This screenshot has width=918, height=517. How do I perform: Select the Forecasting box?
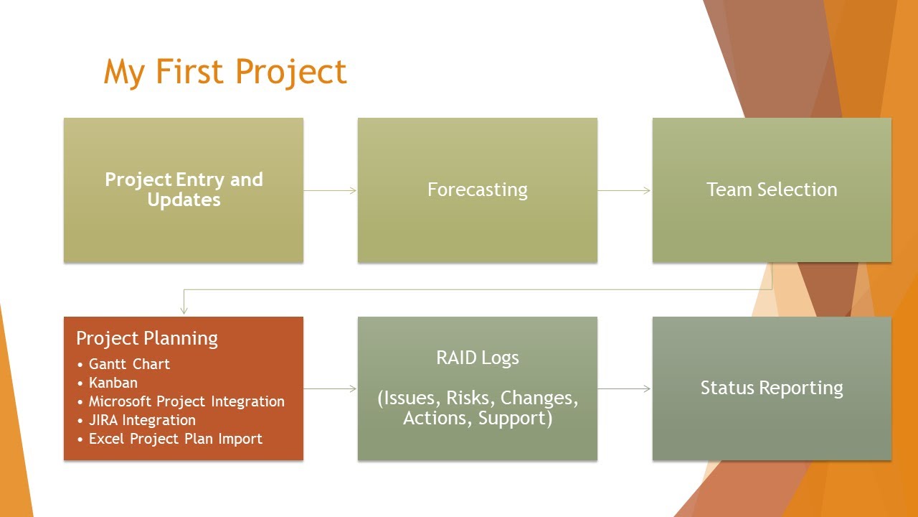[x=477, y=190]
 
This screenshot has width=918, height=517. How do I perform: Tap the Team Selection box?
[x=772, y=190]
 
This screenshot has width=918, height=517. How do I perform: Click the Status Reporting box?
[x=772, y=388]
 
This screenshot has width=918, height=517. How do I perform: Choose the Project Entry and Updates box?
[x=184, y=190]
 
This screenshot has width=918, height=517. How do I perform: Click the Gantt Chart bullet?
[x=129, y=364]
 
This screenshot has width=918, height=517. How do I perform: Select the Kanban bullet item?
[x=113, y=383]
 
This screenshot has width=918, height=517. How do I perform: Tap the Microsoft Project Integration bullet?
[x=186, y=401]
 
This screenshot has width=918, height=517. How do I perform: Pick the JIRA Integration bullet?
[x=142, y=420]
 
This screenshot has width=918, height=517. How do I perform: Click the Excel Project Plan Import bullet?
[x=176, y=439]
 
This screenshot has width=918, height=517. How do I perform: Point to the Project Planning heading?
[x=147, y=338]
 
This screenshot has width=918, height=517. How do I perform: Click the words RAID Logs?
[x=477, y=358]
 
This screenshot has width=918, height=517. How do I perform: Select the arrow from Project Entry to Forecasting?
[x=331, y=190]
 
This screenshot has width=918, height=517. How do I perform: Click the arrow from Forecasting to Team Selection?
[x=625, y=190]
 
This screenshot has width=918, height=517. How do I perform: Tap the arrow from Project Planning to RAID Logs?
[x=331, y=388]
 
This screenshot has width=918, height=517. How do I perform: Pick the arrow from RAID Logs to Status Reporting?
[x=625, y=388]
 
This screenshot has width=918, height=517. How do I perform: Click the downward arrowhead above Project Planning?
[x=184, y=309]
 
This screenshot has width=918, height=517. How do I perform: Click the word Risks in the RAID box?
[x=470, y=398]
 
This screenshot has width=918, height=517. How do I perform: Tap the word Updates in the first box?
[x=184, y=200]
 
